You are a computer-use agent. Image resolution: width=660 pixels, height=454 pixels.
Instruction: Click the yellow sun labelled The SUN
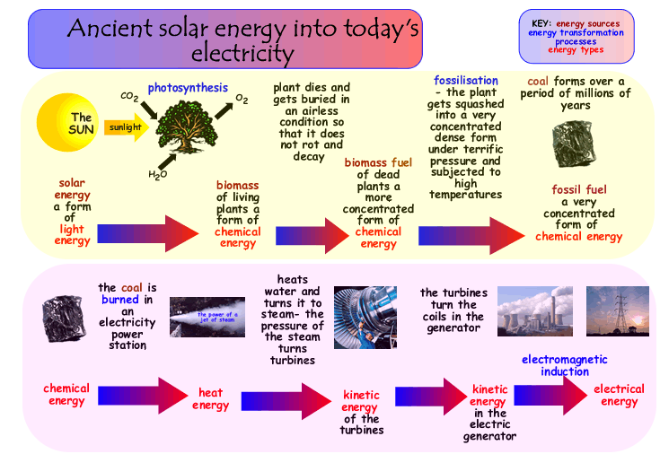point(67,122)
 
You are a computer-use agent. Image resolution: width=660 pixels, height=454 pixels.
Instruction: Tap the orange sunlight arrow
point(127,127)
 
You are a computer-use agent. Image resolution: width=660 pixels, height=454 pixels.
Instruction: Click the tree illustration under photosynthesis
point(187,127)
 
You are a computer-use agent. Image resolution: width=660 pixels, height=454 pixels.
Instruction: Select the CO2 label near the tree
point(129,97)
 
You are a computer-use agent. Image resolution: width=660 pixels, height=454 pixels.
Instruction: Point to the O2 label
point(242,99)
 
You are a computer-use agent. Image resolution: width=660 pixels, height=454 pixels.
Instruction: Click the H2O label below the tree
point(157,174)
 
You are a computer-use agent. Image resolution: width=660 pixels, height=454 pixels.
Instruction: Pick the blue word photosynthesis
point(188,88)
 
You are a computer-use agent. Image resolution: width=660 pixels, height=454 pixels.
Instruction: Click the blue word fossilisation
point(466,81)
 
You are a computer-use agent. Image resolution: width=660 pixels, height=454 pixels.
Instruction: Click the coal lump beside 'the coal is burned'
point(64,319)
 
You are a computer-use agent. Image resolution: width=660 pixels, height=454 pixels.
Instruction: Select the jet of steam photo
point(207,317)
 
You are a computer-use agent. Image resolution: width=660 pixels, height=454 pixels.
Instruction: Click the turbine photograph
point(365,318)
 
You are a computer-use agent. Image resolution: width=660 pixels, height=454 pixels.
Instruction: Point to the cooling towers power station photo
point(535,311)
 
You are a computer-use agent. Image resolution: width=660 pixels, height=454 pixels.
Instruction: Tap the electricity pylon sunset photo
point(618,311)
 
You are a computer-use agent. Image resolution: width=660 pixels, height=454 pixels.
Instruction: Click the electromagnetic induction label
point(565,365)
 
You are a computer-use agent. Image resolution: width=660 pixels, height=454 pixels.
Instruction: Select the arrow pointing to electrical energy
point(550,395)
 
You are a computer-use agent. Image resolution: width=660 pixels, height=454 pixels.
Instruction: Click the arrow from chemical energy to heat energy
point(143,396)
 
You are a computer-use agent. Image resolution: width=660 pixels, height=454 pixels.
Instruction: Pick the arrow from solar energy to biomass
point(148,233)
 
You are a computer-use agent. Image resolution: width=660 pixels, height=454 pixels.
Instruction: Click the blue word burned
point(120,300)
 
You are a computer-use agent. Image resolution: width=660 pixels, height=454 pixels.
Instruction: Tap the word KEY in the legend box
point(541,23)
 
